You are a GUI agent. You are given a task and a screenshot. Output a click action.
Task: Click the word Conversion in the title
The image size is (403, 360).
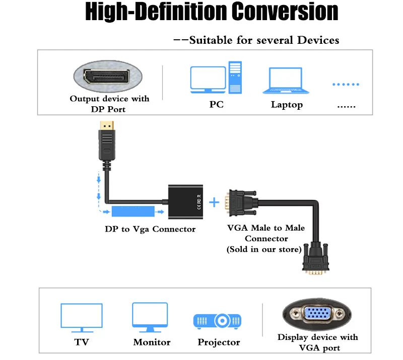pos(285,12)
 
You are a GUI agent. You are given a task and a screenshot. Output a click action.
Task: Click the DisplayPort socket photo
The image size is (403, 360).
pos(108,77)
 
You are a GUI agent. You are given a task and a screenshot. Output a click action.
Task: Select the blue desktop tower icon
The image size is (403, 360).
pos(235,78)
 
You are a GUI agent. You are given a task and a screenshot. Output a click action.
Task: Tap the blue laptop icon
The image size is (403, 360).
pos(286,81)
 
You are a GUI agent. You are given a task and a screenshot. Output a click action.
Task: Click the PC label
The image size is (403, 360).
pos(217,104)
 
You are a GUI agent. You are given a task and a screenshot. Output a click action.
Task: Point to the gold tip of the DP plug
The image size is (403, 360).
pos(107,126)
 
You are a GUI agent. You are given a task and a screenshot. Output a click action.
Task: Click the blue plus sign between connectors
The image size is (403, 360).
pos(214,202)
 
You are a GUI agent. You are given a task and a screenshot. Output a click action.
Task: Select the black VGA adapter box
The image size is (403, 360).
pos(185,202)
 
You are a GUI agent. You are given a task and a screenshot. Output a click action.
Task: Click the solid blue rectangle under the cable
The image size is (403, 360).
pos(133,211)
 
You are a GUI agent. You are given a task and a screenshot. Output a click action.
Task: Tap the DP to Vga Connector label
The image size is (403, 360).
pos(150,229)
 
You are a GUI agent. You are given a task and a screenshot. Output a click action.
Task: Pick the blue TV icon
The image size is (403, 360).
pos(82,318)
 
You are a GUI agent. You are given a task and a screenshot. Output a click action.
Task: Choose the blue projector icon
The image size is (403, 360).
pos(217,321)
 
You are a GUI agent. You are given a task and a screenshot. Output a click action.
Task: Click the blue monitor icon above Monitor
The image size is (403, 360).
pos(150,317)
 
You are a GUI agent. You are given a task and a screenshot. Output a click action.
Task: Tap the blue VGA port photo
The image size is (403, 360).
pos(317,314)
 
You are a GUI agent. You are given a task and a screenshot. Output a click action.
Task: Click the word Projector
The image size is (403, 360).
pos(219,342)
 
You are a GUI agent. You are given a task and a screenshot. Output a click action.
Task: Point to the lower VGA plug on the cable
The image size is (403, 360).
pos(316,259)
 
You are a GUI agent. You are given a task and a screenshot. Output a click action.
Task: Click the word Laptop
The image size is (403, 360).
pos(287,105)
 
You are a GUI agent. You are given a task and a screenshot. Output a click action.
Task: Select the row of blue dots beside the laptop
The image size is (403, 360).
pos(346,84)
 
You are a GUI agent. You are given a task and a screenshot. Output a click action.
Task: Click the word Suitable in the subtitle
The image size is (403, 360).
pos(211,40)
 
